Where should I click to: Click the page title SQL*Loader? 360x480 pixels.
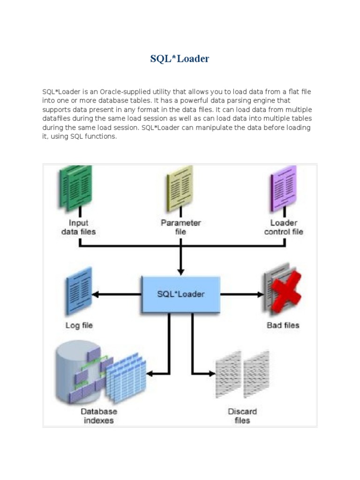tap(180, 59)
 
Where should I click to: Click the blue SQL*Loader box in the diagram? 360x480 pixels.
tap(180, 294)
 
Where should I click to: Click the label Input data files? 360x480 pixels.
tap(78, 227)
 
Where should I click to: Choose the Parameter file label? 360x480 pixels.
tap(180, 227)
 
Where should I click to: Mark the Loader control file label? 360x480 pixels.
tap(284, 227)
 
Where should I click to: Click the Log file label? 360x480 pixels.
tap(79, 325)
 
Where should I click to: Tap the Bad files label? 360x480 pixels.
tap(283, 325)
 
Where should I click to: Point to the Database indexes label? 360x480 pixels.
tap(98, 416)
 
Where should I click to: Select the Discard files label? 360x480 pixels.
tap(242, 416)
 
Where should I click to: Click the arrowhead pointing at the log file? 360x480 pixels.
tap(95, 294)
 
